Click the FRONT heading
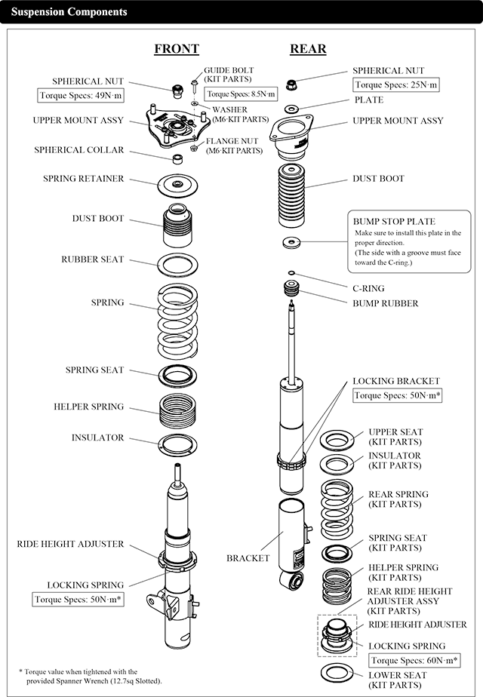(x=176, y=49)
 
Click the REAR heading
(x=308, y=49)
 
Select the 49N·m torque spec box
(x=81, y=95)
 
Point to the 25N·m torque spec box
(x=395, y=85)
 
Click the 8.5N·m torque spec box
(x=241, y=94)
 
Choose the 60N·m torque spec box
(x=408, y=660)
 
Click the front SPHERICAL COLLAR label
(x=78, y=150)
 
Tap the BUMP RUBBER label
(x=385, y=303)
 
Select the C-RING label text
(x=368, y=288)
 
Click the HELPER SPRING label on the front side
(x=88, y=407)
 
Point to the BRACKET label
(x=248, y=558)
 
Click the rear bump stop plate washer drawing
(x=291, y=242)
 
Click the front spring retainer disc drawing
(x=178, y=185)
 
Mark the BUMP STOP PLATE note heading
(x=394, y=222)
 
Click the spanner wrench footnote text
(x=91, y=676)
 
